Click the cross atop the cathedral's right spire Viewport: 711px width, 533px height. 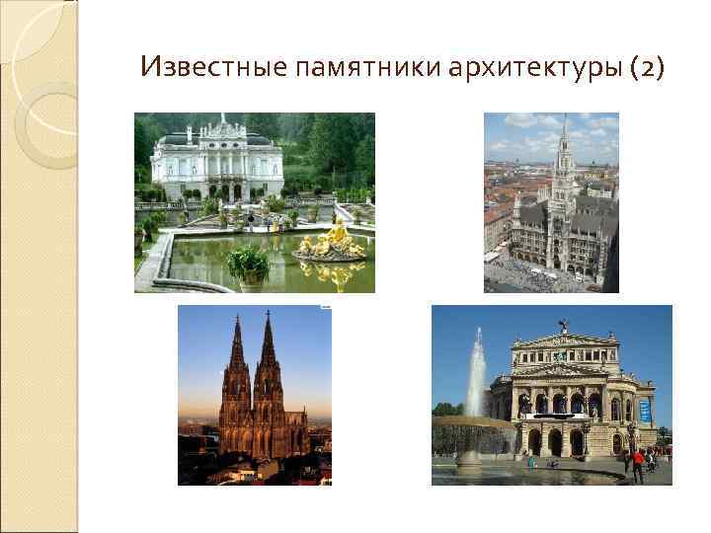267,314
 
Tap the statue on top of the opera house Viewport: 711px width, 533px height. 563,325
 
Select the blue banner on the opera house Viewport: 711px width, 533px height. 645,410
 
